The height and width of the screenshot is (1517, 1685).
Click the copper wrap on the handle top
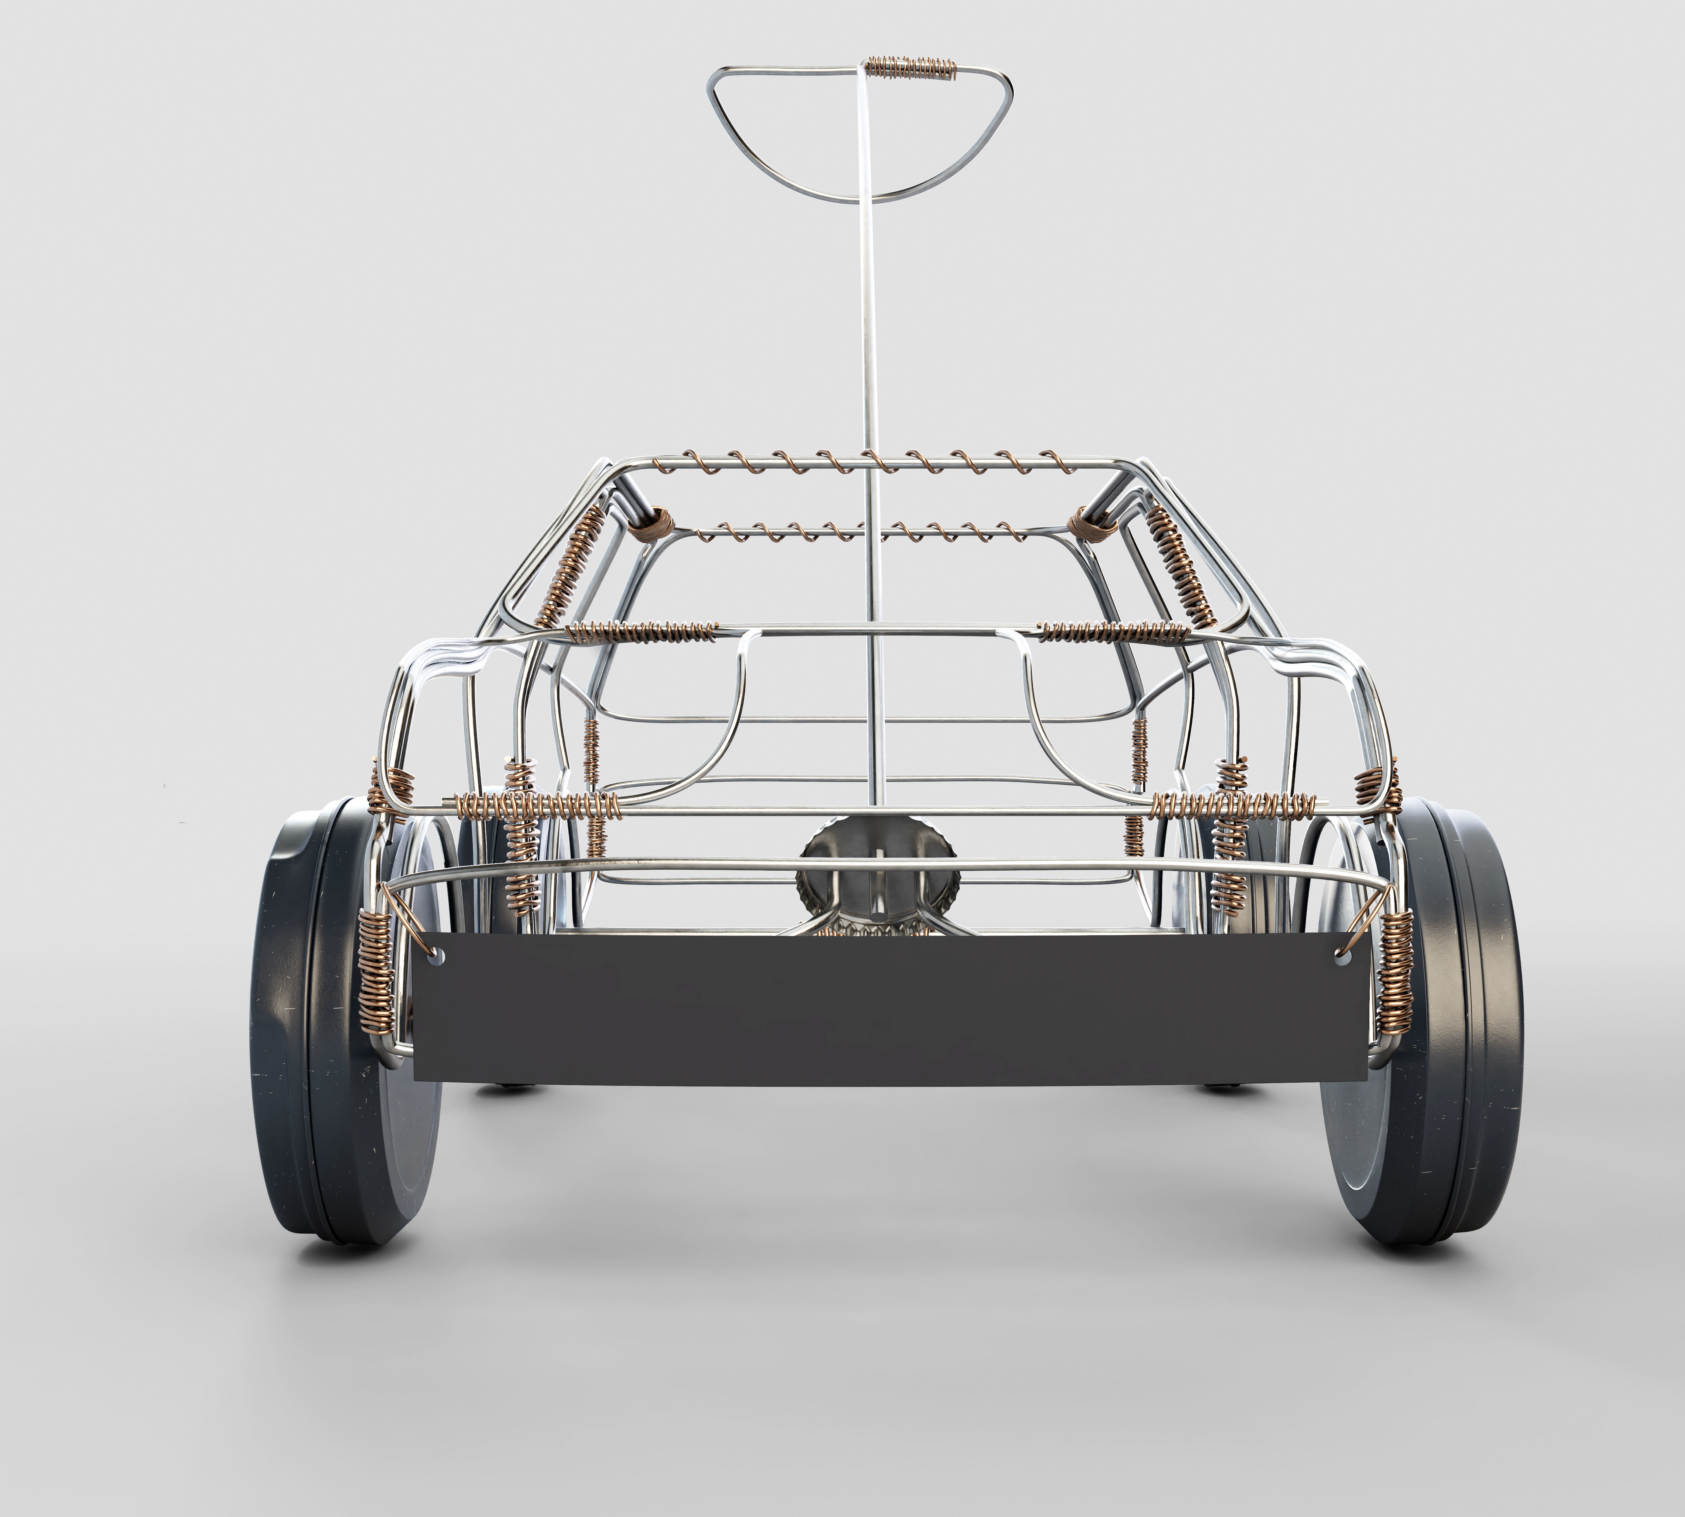[x=910, y=67]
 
